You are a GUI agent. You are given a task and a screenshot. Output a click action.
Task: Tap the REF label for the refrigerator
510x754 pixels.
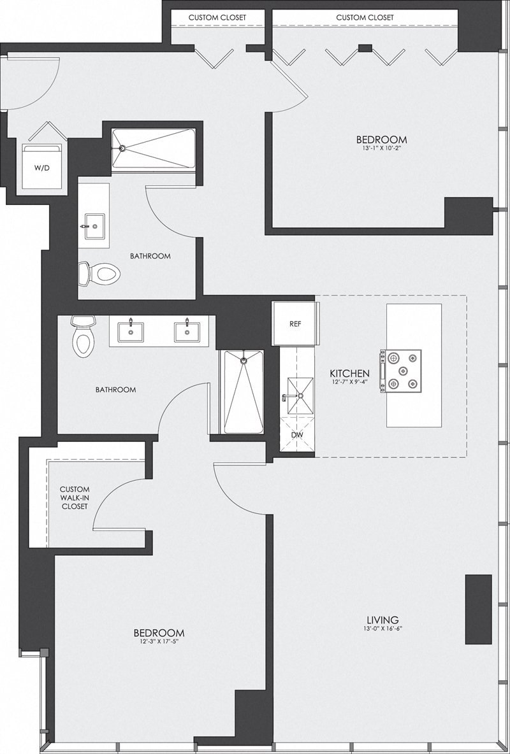[x=295, y=324]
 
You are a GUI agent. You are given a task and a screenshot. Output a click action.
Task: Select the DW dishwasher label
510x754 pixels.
[x=297, y=434]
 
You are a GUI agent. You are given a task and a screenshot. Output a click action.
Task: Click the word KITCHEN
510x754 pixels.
[x=349, y=373]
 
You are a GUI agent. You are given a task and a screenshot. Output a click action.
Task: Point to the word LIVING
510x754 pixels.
[x=382, y=619]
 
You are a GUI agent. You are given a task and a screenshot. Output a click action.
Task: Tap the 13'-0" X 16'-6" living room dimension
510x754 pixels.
[x=382, y=629]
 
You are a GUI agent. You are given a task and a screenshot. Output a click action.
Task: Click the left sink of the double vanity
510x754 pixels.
[x=130, y=332]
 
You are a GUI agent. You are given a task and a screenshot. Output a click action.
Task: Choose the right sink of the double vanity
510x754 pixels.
[x=187, y=332]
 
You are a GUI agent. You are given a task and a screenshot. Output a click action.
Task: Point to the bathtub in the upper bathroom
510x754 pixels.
[x=153, y=148]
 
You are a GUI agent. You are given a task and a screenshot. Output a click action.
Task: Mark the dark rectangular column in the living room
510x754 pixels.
[x=478, y=609]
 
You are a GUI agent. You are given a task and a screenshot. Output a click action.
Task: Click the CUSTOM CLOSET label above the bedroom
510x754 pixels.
[x=365, y=17]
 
